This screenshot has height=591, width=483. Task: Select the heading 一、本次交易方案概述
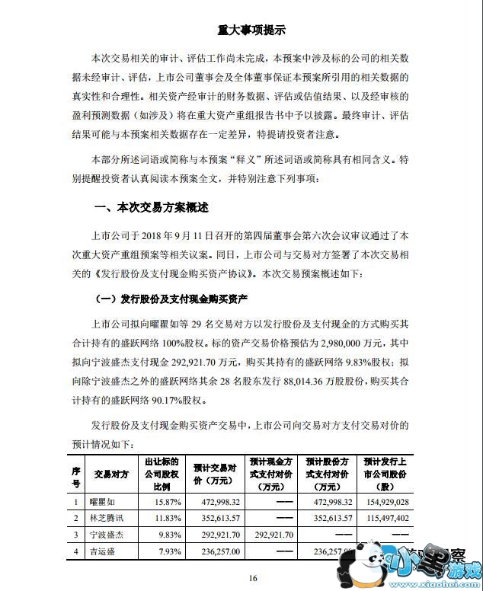tap(151, 207)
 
